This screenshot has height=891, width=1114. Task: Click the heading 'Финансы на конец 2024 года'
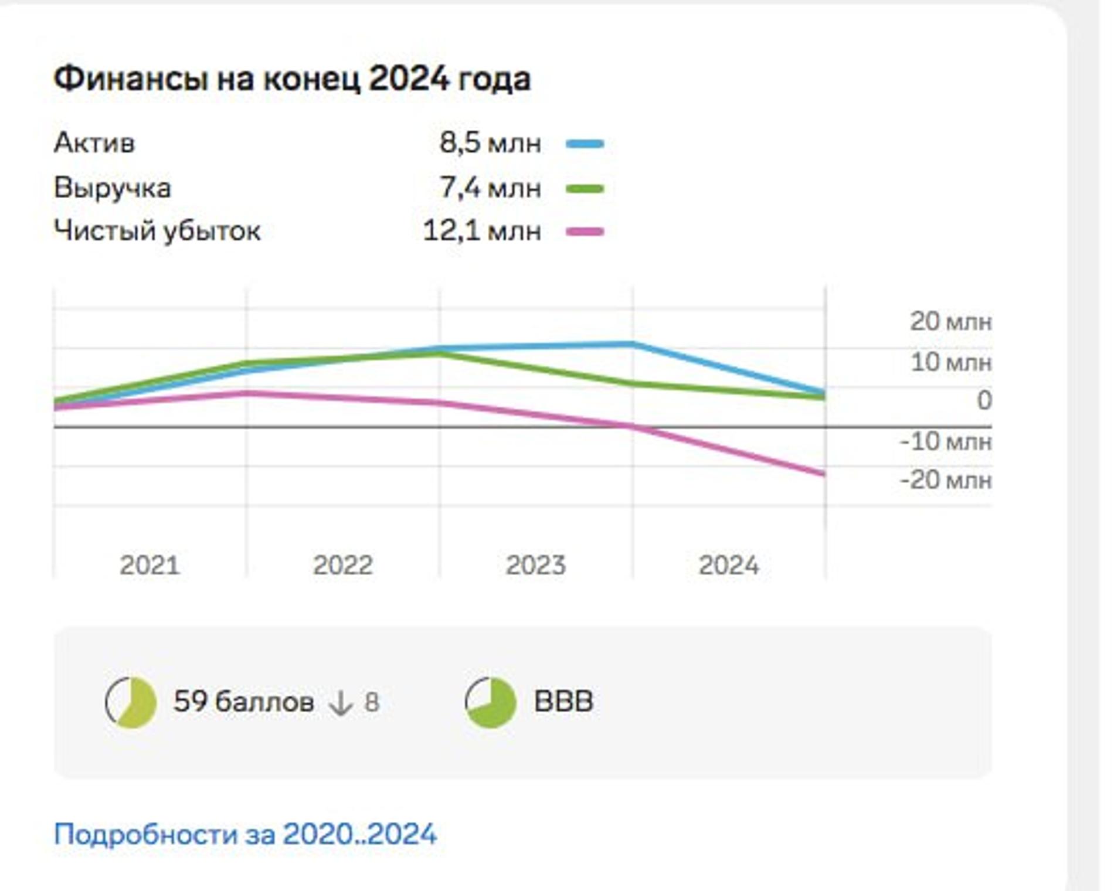point(292,79)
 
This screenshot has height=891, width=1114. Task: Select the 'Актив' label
point(94,143)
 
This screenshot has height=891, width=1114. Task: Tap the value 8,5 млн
point(490,143)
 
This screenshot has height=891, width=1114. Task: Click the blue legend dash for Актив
point(585,144)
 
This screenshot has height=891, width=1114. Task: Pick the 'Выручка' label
point(113,188)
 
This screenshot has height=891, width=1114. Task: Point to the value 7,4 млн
point(490,188)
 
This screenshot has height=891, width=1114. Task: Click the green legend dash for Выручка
point(585,189)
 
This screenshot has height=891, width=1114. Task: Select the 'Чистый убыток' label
point(157,231)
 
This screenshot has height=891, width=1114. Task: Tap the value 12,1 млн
point(482,231)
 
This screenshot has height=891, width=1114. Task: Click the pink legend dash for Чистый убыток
point(585,232)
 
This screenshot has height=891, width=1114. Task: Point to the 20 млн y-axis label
point(950,322)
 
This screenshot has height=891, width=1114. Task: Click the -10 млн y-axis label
point(945,441)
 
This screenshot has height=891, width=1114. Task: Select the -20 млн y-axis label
point(945,480)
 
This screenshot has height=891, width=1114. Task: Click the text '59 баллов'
point(243,702)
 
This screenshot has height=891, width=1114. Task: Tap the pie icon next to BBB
point(491,702)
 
